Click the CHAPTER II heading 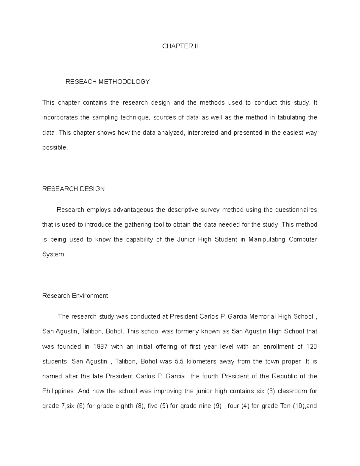180,46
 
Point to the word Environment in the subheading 90,296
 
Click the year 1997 100,347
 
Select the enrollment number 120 311,347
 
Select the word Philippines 58,391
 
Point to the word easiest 293,133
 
